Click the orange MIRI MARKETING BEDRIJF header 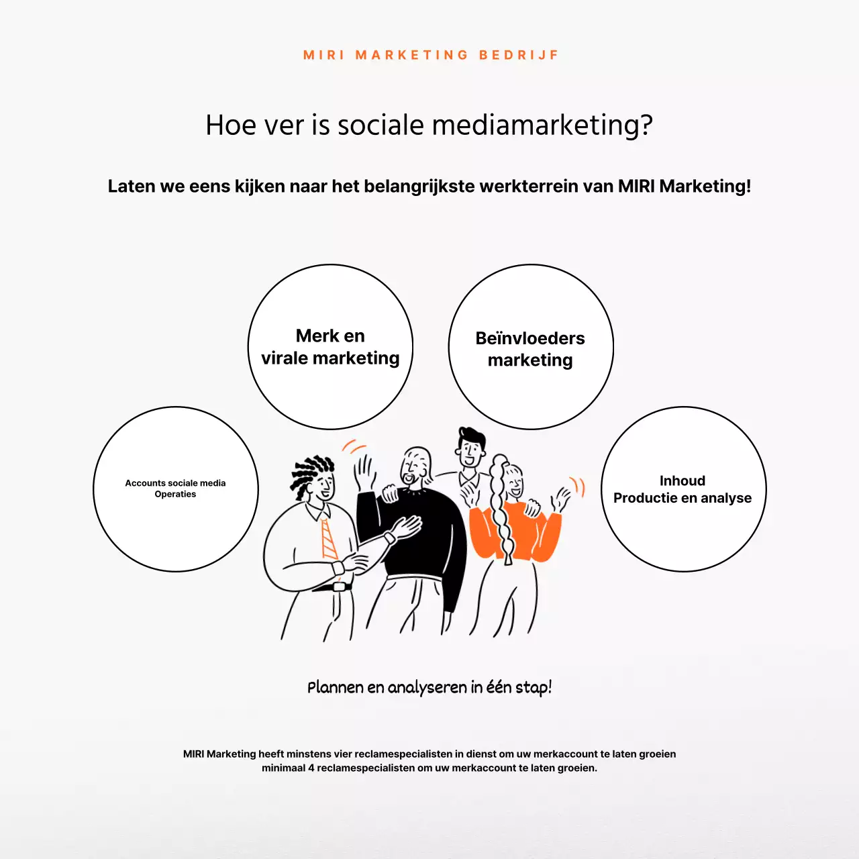click(430, 55)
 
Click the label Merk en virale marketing click(330, 347)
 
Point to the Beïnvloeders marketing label click(530, 349)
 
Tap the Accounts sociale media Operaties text click(175, 489)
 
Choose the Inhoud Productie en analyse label click(683, 489)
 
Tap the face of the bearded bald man click(415, 468)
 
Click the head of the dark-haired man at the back click(471, 448)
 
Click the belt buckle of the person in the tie click(339, 586)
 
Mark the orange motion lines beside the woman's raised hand click(578, 487)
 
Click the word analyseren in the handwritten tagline click(427, 688)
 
